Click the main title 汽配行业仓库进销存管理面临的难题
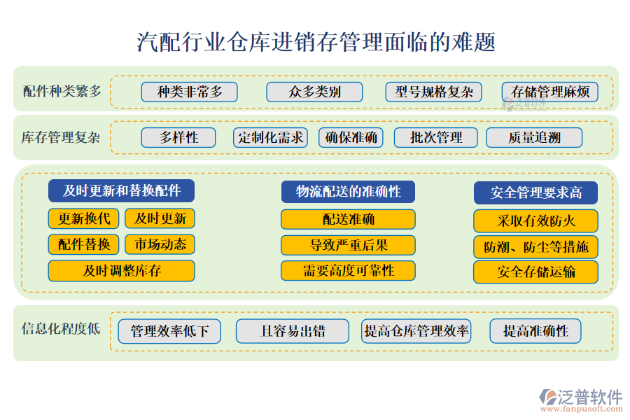tap(316, 42)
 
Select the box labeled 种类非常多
tap(189, 92)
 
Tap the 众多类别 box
tap(314, 92)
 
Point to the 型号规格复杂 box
tap(433, 92)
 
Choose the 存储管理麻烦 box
tap(550, 92)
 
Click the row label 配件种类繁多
tap(62, 91)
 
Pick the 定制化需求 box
tap(270, 137)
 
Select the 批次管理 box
tap(436, 137)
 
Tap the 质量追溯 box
tap(534, 137)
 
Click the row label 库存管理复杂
tap(61, 137)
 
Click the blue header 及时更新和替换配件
tap(121, 191)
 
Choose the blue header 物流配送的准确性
tap(348, 192)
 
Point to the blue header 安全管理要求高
tap(535, 193)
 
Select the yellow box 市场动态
tap(160, 244)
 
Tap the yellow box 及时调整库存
tap(121, 271)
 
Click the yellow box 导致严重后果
tap(348, 245)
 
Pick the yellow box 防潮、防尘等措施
tap(535, 247)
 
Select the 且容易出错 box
tap(293, 331)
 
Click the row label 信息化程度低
tap(61, 329)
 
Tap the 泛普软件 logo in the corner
tap(581, 400)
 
